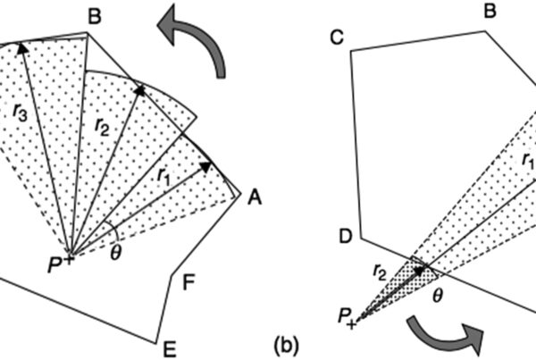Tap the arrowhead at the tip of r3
pyautogui.click(x=22, y=49)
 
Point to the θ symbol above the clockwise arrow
pyautogui.click(x=439, y=293)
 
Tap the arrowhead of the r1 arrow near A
pyautogui.click(x=207, y=165)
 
